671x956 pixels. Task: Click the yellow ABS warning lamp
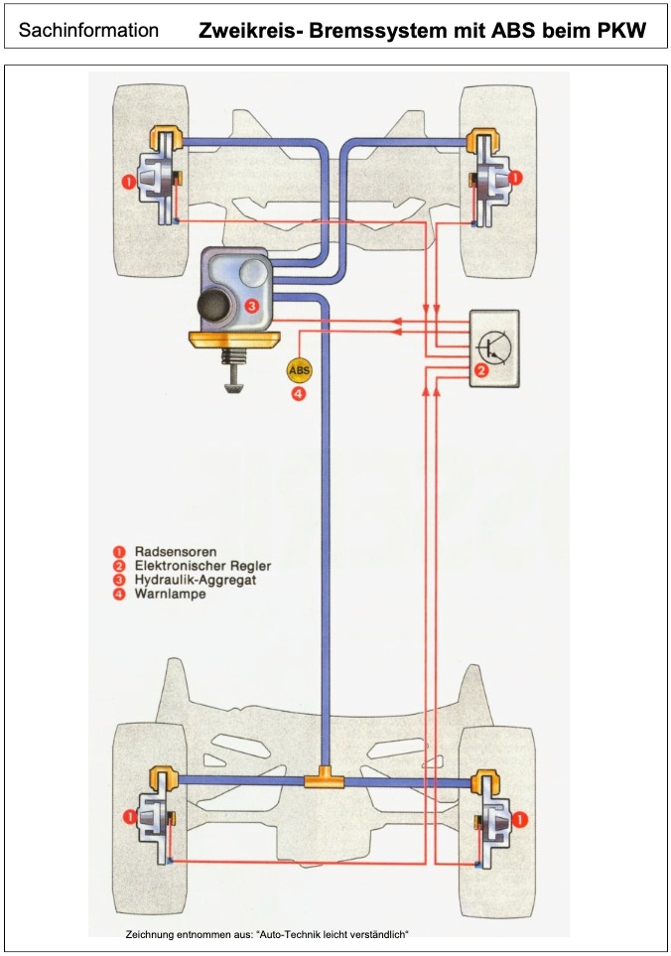(299, 369)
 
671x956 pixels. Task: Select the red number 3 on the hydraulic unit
(252, 305)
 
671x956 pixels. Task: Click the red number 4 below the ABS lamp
(299, 394)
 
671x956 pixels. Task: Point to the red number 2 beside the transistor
(480, 370)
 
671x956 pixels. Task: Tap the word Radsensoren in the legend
(176, 552)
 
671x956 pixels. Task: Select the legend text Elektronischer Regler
(202, 566)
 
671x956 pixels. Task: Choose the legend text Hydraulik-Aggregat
(195, 580)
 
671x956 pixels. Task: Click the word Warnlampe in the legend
(170, 594)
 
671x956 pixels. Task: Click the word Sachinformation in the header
(89, 30)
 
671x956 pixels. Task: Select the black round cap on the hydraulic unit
(214, 306)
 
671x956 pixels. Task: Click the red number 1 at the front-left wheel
(128, 182)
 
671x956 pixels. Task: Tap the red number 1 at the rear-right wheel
(519, 821)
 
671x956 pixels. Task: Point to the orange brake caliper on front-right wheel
(481, 140)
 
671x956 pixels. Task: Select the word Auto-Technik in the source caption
(288, 934)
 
